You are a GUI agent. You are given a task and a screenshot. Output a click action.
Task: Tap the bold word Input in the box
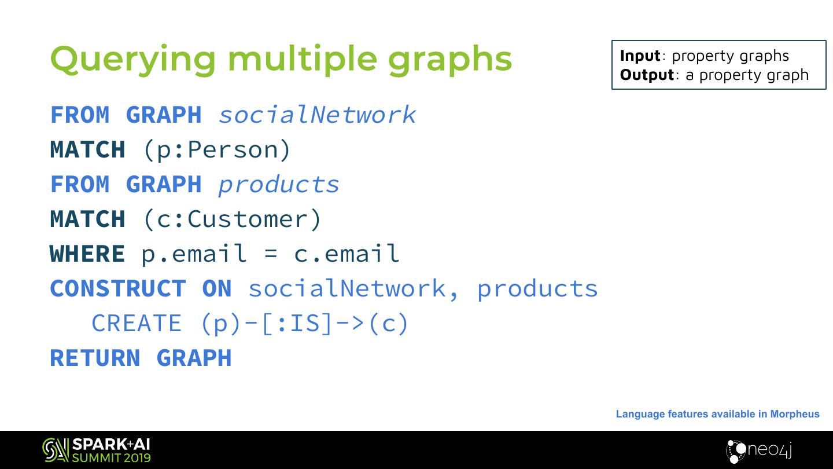[x=640, y=56]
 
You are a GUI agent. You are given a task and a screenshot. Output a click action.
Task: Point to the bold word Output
[x=647, y=75]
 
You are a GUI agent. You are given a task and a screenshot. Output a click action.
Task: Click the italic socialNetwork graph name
[x=317, y=115]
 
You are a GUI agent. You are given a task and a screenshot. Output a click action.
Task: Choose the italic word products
[x=278, y=185]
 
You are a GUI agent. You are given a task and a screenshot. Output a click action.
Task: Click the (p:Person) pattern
[x=216, y=150]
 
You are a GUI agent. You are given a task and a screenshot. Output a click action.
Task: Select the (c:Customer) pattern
[x=231, y=219]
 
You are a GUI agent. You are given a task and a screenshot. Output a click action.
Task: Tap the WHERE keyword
[x=87, y=254]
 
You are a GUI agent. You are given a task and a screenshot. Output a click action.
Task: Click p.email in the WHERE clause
[x=193, y=254]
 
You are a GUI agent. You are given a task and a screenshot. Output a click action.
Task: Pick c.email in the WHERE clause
[x=347, y=254]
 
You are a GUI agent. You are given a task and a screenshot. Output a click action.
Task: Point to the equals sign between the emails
[x=270, y=254]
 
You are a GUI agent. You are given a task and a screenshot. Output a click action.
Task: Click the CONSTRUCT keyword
[x=118, y=288]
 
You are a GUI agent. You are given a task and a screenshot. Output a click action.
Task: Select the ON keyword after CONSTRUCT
[x=217, y=288]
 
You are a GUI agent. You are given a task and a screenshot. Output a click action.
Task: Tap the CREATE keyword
[x=137, y=323]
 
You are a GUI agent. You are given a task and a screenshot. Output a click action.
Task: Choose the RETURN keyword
[x=95, y=358]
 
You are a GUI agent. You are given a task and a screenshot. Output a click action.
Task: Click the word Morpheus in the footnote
[x=795, y=414]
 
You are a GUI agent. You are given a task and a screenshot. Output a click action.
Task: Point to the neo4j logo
[x=758, y=450]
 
